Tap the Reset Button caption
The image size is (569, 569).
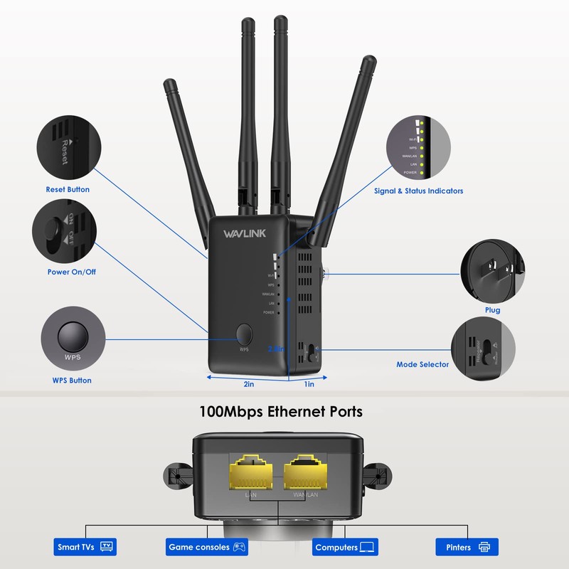click(x=68, y=190)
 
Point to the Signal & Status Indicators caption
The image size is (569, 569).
click(x=419, y=191)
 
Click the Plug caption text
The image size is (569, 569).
click(x=492, y=310)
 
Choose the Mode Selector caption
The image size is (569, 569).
click(x=422, y=365)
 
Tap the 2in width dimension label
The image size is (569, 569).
click(x=249, y=384)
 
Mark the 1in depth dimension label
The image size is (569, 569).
click(x=309, y=384)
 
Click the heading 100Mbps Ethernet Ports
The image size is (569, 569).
click(x=282, y=412)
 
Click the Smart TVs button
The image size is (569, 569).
click(x=85, y=547)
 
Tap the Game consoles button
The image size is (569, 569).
click(x=206, y=547)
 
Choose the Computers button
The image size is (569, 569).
click(x=345, y=547)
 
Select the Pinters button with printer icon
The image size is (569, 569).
click(x=467, y=547)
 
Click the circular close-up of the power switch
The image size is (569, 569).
click(x=64, y=232)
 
